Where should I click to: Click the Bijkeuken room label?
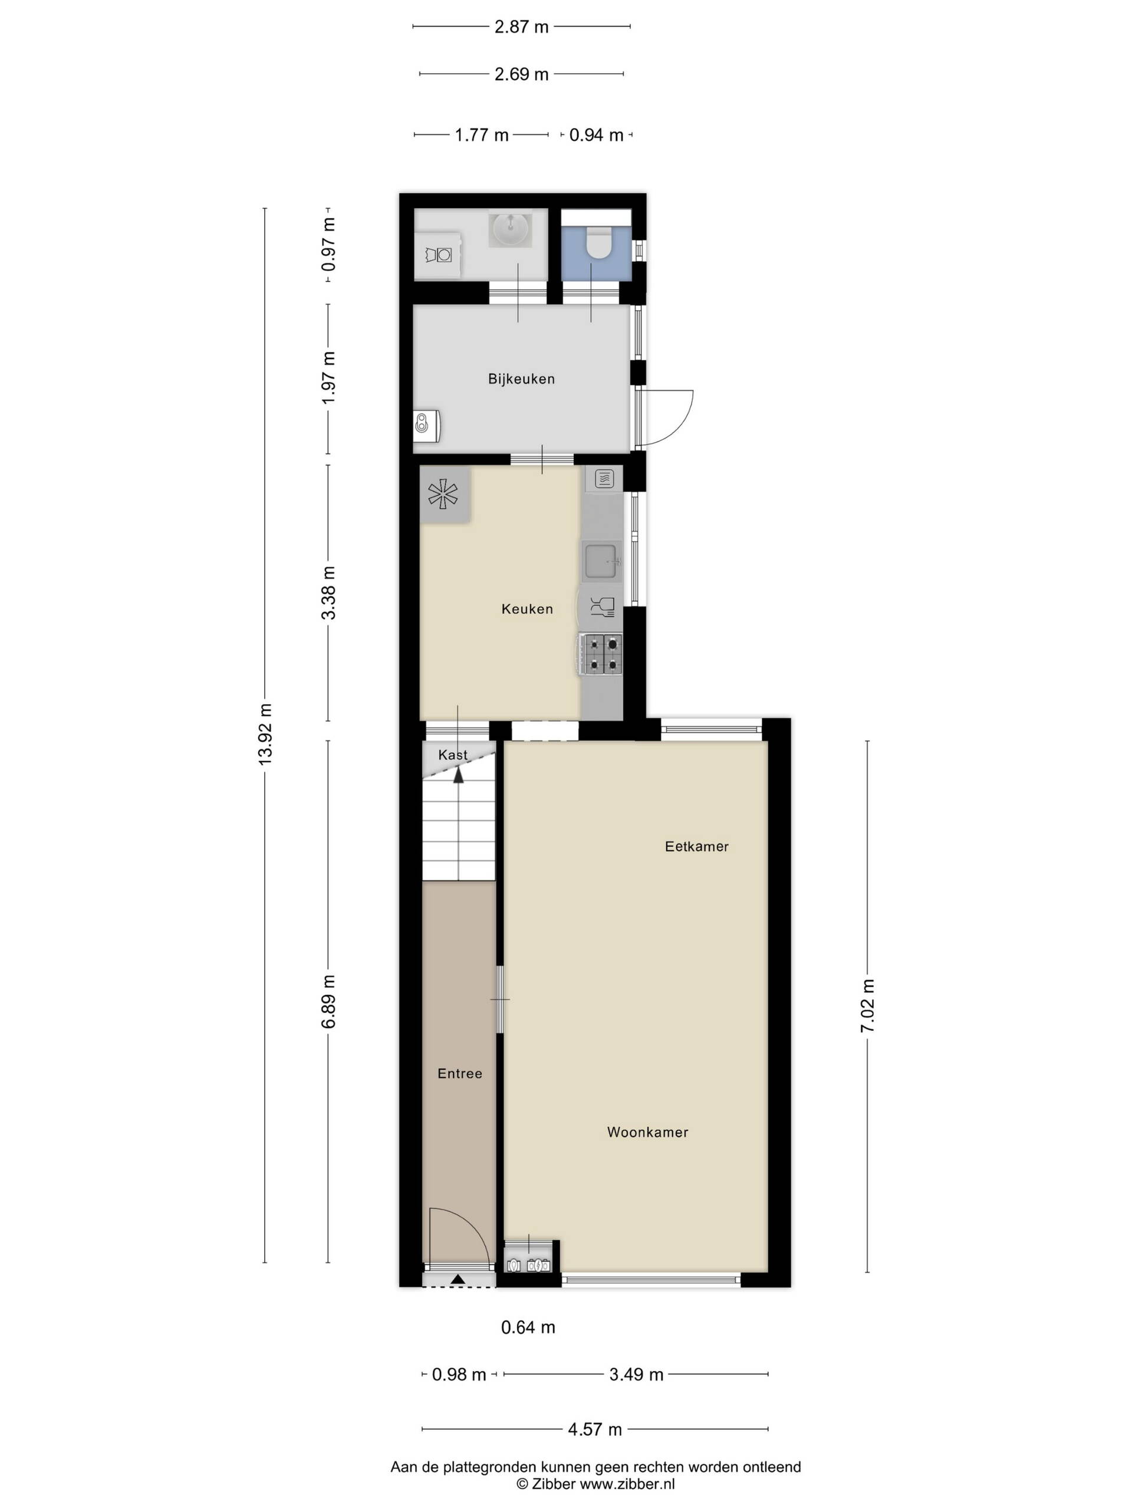[x=521, y=378]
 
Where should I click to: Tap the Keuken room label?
[x=526, y=608]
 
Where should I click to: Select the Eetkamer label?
[x=697, y=846]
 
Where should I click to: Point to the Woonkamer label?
[x=647, y=1132]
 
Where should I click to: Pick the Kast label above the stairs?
[x=453, y=754]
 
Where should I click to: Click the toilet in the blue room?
[x=600, y=242]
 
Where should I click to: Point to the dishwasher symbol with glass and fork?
[x=602, y=607]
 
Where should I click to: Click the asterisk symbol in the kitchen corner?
[x=443, y=494]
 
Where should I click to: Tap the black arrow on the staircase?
[x=459, y=775]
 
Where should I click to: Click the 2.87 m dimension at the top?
[x=521, y=27]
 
